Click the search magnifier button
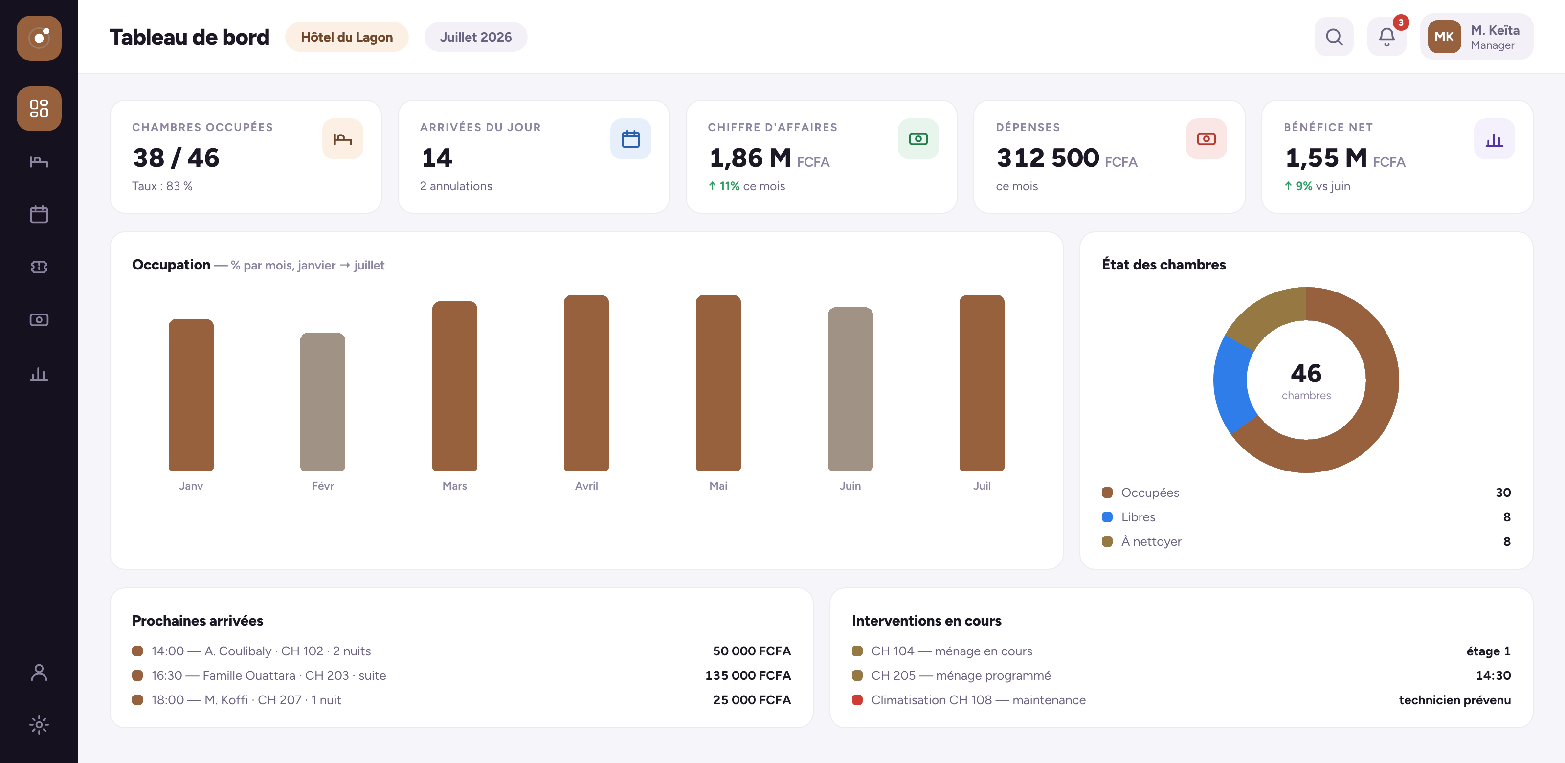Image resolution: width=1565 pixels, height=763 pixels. pyautogui.click(x=1334, y=37)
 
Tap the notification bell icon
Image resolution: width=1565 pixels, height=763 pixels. pyautogui.click(x=1386, y=37)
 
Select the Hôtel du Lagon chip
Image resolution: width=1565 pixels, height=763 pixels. pyautogui.click(x=346, y=37)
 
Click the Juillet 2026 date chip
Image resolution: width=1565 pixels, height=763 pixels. pyautogui.click(x=476, y=37)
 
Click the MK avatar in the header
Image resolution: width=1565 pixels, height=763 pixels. pyautogui.click(x=1444, y=37)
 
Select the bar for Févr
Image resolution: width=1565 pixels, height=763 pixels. pyautogui.click(x=323, y=402)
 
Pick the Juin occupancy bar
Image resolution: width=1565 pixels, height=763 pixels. pyautogui.click(x=850, y=389)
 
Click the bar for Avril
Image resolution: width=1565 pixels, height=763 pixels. pyautogui.click(x=586, y=382)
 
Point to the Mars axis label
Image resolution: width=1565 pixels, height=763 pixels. pyautogui.click(x=454, y=485)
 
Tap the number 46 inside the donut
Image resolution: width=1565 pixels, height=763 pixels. pyautogui.click(x=1306, y=373)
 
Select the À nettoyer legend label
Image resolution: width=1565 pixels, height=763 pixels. pyautogui.click(x=1151, y=541)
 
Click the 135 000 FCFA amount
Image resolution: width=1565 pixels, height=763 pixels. pyautogui.click(x=748, y=675)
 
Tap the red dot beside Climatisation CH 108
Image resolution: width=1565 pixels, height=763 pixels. pyautogui.click(x=857, y=700)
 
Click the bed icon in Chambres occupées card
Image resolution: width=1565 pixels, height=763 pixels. pyautogui.click(x=343, y=139)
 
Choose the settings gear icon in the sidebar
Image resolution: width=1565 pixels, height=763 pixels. pyautogui.click(x=39, y=725)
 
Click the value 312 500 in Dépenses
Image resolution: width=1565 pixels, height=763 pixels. pyautogui.click(x=1048, y=158)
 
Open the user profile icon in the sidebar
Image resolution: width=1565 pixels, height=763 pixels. pyautogui.click(x=39, y=673)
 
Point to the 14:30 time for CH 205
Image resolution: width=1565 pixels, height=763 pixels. pyautogui.click(x=1493, y=675)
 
